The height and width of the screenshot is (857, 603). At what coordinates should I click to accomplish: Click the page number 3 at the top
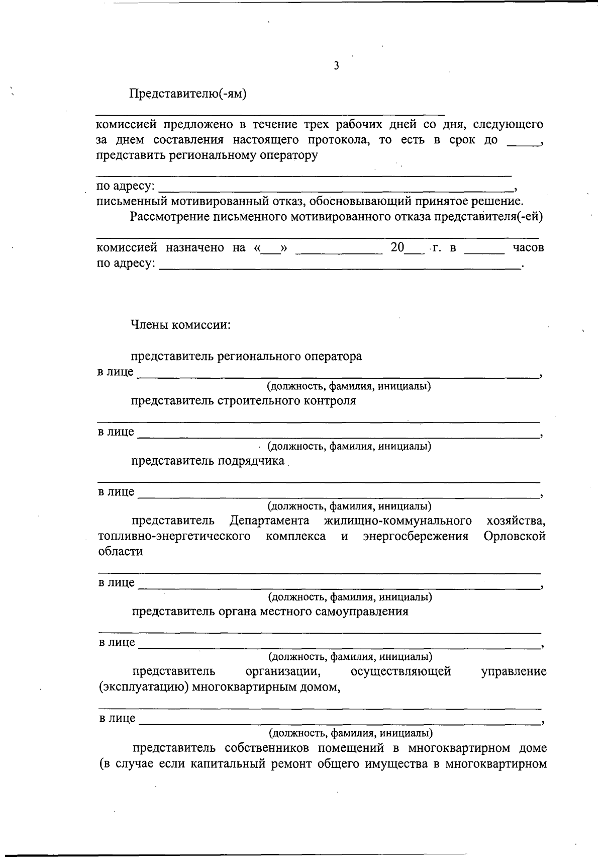pyautogui.click(x=336, y=66)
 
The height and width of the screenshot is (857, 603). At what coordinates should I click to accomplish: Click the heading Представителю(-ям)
pyautogui.click(x=188, y=94)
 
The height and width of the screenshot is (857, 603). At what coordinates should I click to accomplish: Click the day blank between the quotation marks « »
pyautogui.click(x=271, y=249)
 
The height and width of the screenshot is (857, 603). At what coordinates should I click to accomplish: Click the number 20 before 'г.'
pyautogui.click(x=397, y=247)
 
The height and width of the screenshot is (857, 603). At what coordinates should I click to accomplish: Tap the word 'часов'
pyautogui.click(x=528, y=247)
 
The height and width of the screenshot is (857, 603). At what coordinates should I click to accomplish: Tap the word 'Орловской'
pyautogui.click(x=515, y=536)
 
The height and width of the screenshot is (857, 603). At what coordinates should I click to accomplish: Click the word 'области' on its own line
pyautogui.click(x=120, y=551)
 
